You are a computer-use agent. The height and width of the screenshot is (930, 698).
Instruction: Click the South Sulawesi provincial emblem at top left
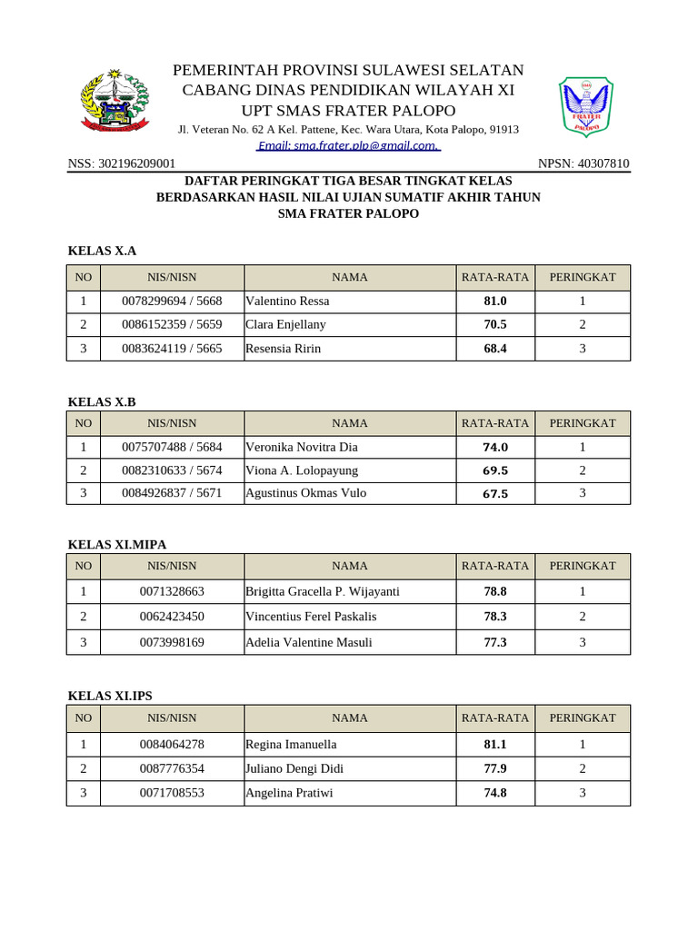point(115,102)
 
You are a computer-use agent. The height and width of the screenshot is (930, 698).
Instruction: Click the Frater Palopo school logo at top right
point(585,107)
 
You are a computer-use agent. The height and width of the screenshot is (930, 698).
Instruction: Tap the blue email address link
point(348,145)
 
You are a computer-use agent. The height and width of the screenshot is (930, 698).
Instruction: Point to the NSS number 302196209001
point(122,163)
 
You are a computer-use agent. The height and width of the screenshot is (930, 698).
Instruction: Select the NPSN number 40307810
point(583,163)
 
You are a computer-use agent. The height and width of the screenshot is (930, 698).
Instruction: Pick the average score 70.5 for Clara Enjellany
point(495,324)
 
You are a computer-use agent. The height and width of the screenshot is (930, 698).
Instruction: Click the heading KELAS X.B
point(102,401)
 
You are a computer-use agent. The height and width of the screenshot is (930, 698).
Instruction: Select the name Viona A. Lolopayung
point(302,470)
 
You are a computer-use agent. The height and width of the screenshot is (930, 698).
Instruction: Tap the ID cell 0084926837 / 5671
point(172,493)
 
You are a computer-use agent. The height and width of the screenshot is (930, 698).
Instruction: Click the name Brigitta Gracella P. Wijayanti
point(323,591)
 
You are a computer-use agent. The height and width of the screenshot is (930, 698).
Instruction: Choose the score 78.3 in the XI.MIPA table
point(495,616)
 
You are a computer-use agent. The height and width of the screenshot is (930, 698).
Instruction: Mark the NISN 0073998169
point(172,642)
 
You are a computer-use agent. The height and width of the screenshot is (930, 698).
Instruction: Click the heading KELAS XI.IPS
point(110,696)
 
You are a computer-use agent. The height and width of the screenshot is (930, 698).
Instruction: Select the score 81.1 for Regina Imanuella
point(495,744)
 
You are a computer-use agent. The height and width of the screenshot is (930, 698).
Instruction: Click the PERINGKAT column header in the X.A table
point(583,277)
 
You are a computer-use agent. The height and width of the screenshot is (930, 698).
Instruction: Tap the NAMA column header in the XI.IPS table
point(350,717)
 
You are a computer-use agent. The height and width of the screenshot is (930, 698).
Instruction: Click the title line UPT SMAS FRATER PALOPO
point(348,110)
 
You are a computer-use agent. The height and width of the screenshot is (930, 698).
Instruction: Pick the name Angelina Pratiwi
point(289,793)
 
